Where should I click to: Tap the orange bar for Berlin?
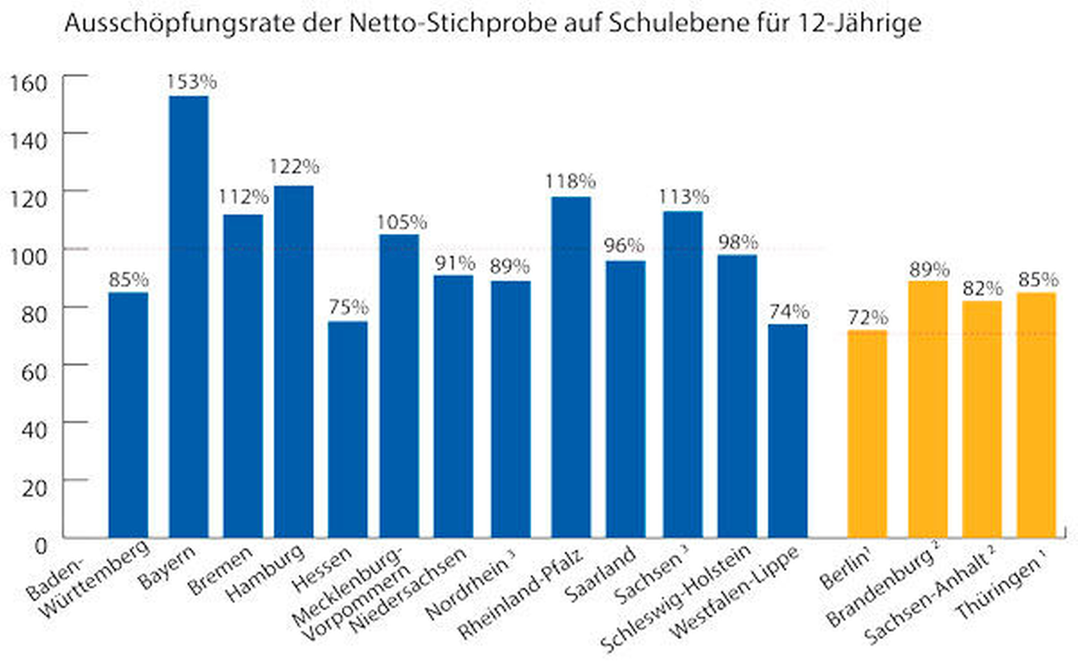(867, 434)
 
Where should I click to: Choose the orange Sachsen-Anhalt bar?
(982, 419)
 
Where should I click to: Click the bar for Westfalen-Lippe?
(788, 431)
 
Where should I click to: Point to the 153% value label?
(191, 82)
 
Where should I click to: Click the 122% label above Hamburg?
(294, 167)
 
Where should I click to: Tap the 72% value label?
(868, 318)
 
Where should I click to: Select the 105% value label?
(402, 222)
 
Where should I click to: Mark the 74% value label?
(789, 311)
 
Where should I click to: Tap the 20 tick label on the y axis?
(34, 487)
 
